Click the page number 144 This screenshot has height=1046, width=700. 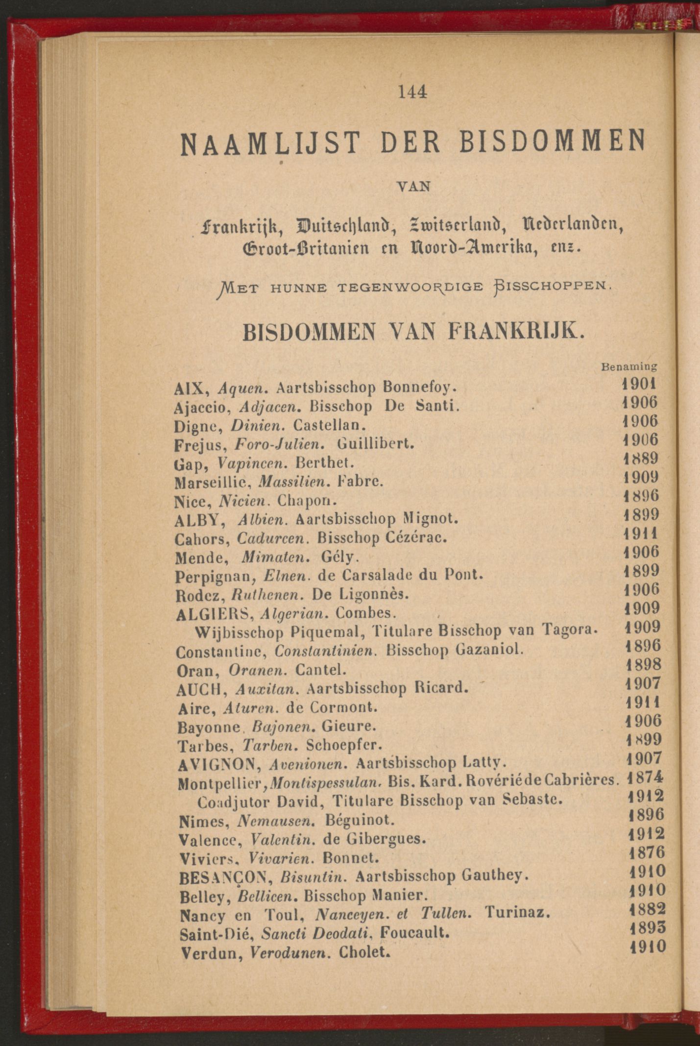pos(413,92)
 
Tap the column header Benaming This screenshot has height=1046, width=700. pos(628,366)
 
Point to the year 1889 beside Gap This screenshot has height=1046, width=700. pos(640,459)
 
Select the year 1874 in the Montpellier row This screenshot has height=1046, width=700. pos(645,778)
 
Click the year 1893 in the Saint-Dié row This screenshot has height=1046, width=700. pos(647,928)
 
